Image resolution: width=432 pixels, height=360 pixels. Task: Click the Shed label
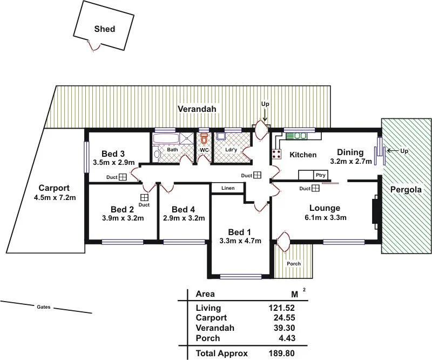pyautogui.click(x=104, y=29)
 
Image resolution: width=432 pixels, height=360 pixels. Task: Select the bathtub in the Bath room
pyautogui.click(x=167, y=139)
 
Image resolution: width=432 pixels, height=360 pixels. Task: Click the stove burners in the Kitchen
pyautogui.click(x=276, y=154)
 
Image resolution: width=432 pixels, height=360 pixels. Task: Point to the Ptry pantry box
pyautogui.click(x=320, y=175)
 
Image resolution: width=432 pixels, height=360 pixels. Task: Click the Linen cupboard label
pyautogui.click(x=227, y=188)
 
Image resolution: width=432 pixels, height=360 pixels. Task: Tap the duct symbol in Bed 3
pyautogui.click(x=123, y=177)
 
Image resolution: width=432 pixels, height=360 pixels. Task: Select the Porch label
pyautogui.click(x=294, y=264)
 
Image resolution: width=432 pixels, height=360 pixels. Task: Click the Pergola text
pyautogui.click(x=407, y=190)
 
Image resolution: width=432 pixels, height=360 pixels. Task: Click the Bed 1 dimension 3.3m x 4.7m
pyautogui.click(x=240, y=241)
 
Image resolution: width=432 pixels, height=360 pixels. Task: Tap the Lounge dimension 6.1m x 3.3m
pyautogui.click(x=325, y=218)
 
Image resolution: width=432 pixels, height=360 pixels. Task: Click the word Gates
pyautogui.click(x=43, y=307)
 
